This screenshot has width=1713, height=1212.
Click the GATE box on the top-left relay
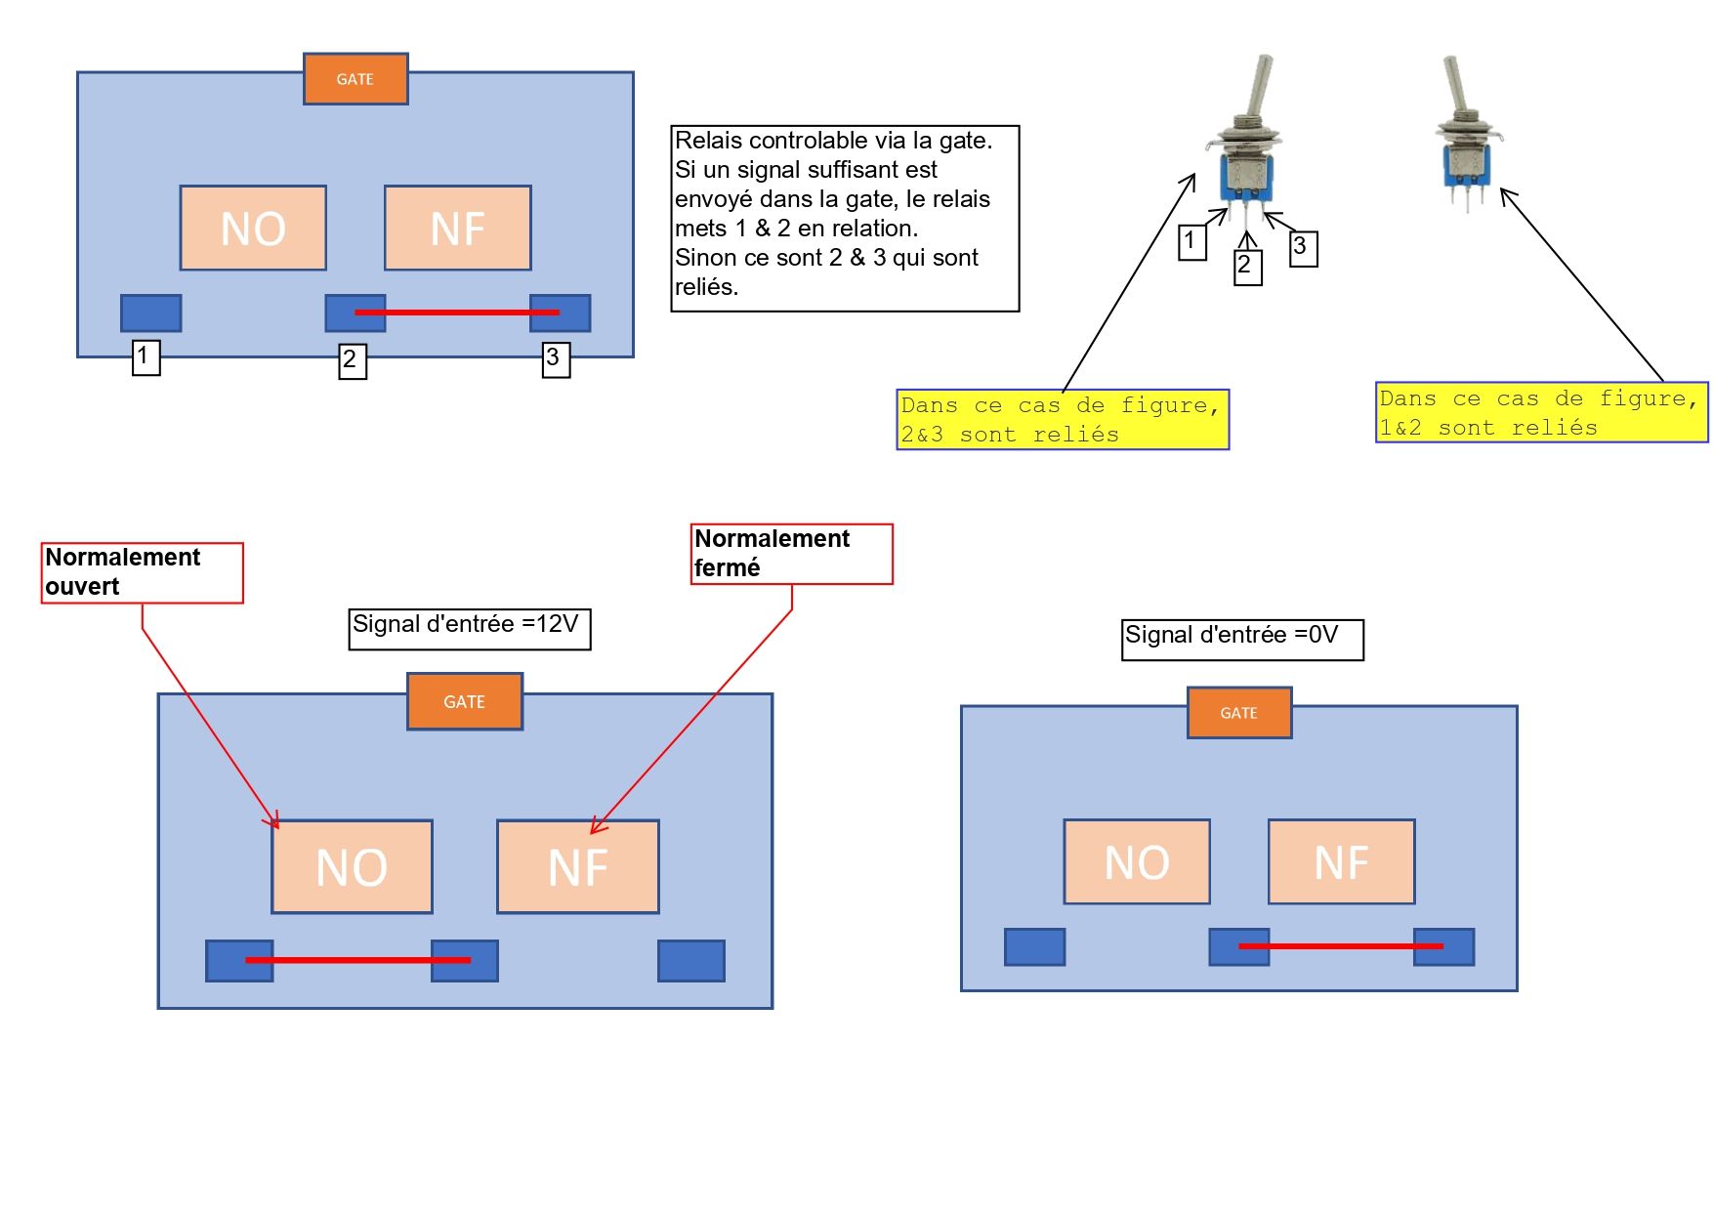pyautogui.click(x=355, y=79)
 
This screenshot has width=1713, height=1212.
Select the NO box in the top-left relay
pyautogui.click(x=253, y=228)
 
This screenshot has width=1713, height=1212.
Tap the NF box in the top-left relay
pyautogui.click(x=458, y=228)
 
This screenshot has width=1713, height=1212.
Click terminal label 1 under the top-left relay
pyautogui.click(x=146, y=356)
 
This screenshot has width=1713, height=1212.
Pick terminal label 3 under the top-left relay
pyautogui.click(x=556, y=358)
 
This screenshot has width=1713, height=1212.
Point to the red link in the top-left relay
pyautogui.click(x=457, y=313)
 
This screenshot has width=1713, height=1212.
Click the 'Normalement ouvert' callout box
pyautogui.click(x=142, y=572)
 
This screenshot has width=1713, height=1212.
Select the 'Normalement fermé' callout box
pyautogui.click(x=791, y=554)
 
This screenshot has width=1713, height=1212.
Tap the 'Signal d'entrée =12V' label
pyautogui.click(x=470, y=628)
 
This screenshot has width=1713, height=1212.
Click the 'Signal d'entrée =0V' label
pyautogui.click(x=1242, y=639)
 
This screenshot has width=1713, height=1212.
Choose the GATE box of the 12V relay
pyautogui.click(x=465, y=701)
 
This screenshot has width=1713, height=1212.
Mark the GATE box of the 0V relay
pyautogui.click(x=1239, y=713)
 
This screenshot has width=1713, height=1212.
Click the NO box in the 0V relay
pyautogui.click(x=1137, y=861)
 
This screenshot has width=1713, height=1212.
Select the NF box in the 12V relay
pyautogui.click(x=578, y=866)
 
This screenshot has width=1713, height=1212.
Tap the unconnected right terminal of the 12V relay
pyautogui.click(x=691, y=961)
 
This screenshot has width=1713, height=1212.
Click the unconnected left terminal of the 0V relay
pyautogui.click(x=1034, y=946)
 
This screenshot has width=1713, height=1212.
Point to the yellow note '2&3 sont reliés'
pyautogui.click(x=1063, y=420)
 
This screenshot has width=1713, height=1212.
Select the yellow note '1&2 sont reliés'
pyautogui.click(x=1541, y=413)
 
